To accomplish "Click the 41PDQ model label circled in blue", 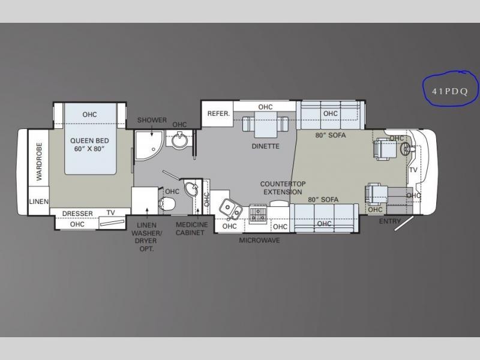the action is [x=449, y=92].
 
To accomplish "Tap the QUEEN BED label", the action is [x=89, y=141].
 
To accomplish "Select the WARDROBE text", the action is [x=39, y=161].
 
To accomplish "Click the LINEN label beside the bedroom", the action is [x=39, y=202].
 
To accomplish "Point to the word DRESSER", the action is [x=77, y=214].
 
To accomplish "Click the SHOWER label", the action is [x=152, y=120].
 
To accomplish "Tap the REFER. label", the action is [x=218, y=113].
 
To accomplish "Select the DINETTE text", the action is [x=265, y=146].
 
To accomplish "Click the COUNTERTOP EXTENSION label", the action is [x=283, y=188].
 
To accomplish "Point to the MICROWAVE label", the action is [x=260, y=241].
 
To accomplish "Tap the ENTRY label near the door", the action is [x=389, y=221].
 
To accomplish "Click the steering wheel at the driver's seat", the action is [x=406, y=149].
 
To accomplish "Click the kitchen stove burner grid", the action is [x=258, y=214].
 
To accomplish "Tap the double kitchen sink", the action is [x=231, y=208].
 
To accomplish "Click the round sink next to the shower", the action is [x=179, y=140].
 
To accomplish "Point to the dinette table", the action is [x=265, y=124].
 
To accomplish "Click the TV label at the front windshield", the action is [x=413, y=170].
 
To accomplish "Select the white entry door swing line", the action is [x=404, y=223].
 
